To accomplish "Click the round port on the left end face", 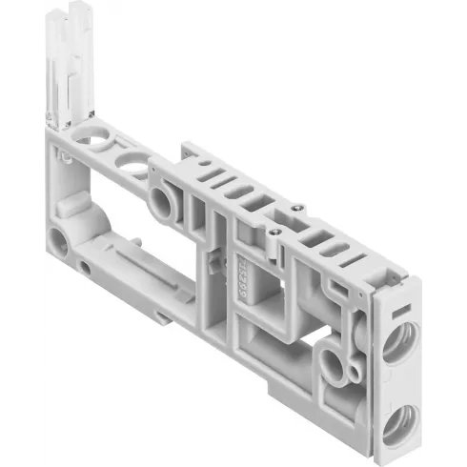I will click(59, 240).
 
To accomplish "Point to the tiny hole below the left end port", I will click(85, 268).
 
